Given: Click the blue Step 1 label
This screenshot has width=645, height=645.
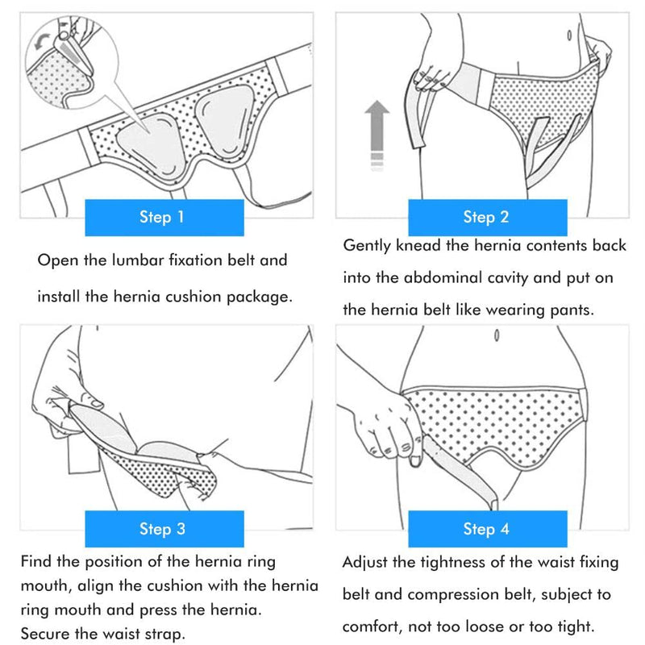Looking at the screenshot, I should coord(164,217).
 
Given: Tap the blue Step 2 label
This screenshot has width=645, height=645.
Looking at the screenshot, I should coord(486,217).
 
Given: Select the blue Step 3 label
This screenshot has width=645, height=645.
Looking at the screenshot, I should coord(164,529).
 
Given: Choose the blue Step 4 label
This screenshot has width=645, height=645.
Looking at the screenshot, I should coord(486,529).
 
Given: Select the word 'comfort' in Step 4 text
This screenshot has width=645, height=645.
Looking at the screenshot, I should coord(372,626).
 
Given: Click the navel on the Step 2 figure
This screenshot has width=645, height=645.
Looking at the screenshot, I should coord(568,36).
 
